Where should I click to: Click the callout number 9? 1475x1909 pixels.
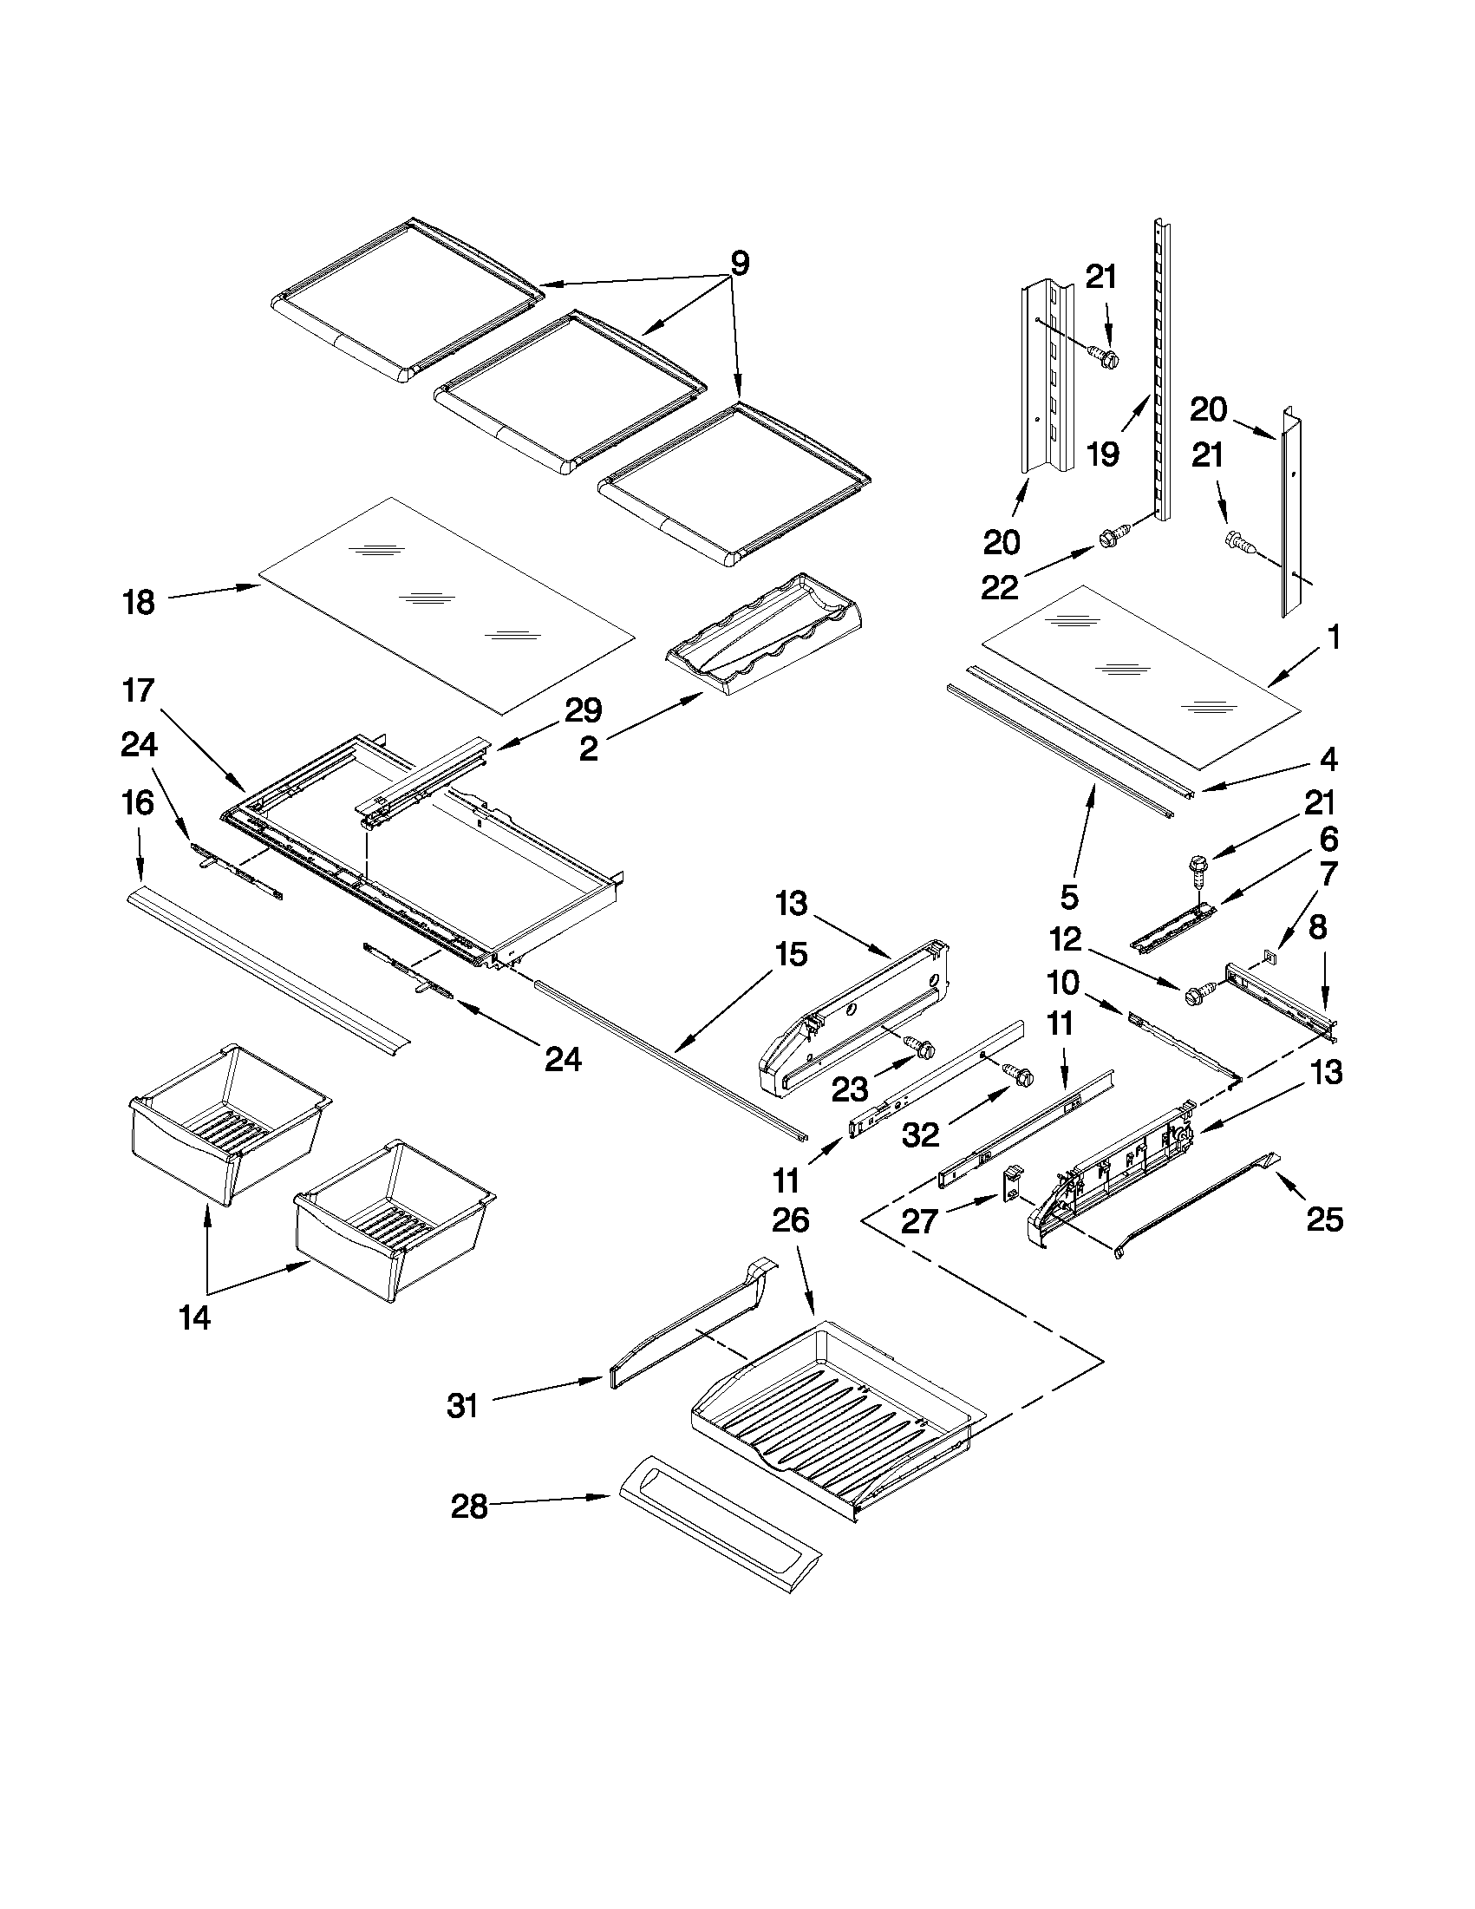click(x=740, y=263)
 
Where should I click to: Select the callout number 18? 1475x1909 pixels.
click(x=139, y=602)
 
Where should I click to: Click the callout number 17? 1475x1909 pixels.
click(x=139, y=690)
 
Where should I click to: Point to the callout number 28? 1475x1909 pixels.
click(x=469, y=1507)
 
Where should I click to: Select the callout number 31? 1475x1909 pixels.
click(x=462, y=1407)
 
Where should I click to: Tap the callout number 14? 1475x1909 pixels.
click(x=194, y=1318)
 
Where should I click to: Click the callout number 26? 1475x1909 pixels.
click(x=790, y=1219)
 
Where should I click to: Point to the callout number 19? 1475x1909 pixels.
click(x=1104, y=454)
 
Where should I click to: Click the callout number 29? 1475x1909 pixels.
click(x=583, y=710)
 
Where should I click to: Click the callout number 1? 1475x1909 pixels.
click(x=1334, y=638)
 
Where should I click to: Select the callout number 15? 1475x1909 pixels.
click(x=790, y=954)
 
